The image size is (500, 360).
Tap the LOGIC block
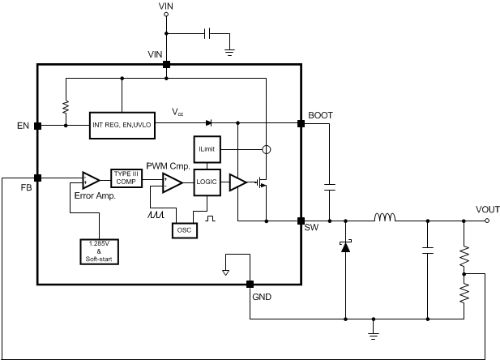click(206, 182)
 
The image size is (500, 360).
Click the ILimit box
click(206, 149)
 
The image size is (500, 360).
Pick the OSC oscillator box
click(184, 229)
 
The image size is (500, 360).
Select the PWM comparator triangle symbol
click(171, 183)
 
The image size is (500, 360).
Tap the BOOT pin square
click(301, 123)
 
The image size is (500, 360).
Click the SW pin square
click(301, 220)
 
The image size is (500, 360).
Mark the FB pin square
click(37, 178)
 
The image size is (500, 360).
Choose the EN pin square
click(37, 126)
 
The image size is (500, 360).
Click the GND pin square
click(249, 284)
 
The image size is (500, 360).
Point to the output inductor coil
click(386, 218)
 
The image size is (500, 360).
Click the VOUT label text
click(486, 208)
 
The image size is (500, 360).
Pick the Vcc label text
click(177, 111)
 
